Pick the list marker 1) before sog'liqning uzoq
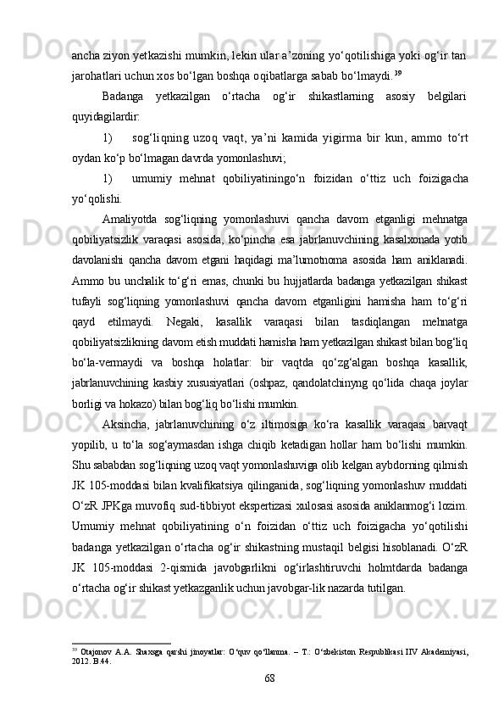(107, 137)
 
